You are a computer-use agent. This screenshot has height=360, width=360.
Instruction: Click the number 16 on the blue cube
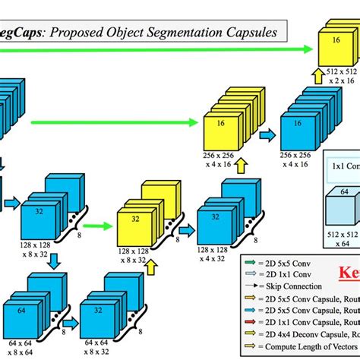click(x=295, y=127)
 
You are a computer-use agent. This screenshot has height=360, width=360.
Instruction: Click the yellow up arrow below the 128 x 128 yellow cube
click(x=150, y=267)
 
